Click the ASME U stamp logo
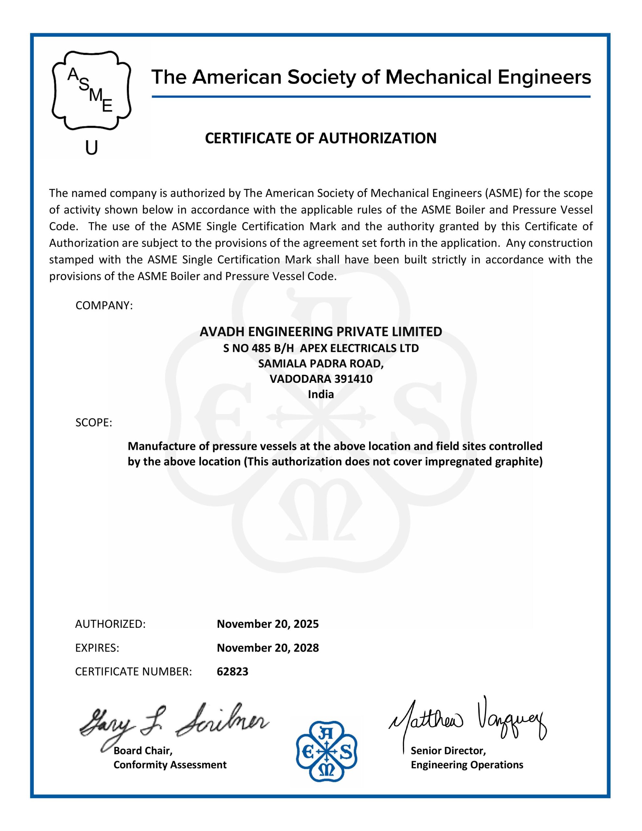tap(91, 91)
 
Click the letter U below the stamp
tap(91, 148)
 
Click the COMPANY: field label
tap(104, 305)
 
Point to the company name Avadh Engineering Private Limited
tap(321, 332)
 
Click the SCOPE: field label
tap(93, 423)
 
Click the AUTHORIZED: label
tap(110, 624)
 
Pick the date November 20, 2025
tap(267, 624)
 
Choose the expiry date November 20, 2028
tap(267, 648)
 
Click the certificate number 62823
tap(232, 672)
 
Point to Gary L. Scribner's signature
tap(173, 723)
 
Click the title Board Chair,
tap(143, 751)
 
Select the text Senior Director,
tap(448, 751)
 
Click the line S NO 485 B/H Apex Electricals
tap(321, 348)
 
